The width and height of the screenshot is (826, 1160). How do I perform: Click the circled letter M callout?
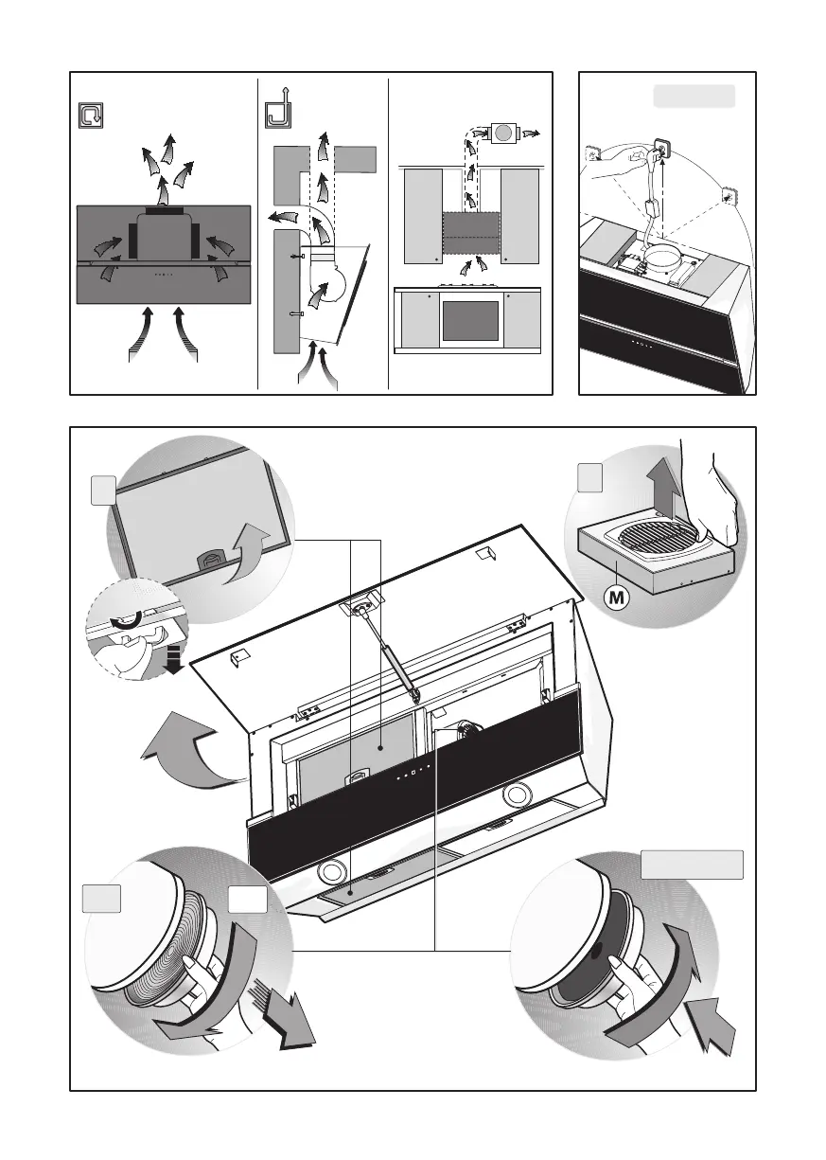click(x=617, y=598)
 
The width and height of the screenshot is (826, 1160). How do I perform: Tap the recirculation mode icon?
click(x=91, y=116)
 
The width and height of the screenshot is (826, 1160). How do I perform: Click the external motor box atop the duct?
click(x=502, y=134)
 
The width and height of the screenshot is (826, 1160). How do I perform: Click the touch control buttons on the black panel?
click(x=413, y=773)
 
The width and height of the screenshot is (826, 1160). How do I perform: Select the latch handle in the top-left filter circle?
click(x=210, y=560)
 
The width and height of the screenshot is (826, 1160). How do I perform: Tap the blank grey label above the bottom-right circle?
click(x=692, y=865)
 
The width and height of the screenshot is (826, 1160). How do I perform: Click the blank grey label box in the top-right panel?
click(x=694, y=97)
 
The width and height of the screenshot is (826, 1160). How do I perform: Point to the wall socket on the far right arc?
click(x=729, y=195)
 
